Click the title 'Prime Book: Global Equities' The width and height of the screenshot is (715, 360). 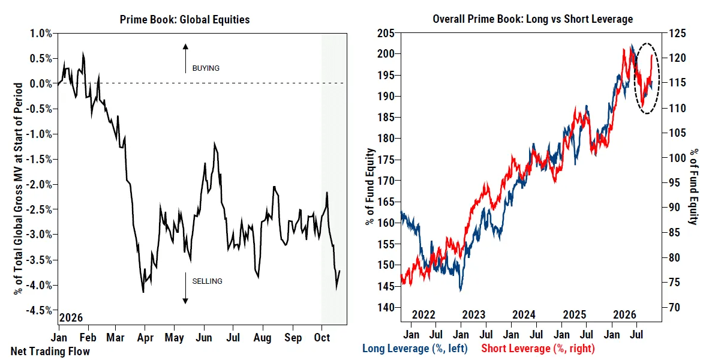[x=185, y=20]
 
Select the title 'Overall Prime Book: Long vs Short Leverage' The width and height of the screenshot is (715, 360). [x=533, y=19]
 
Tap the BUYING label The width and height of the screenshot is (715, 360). [x=206, y=68]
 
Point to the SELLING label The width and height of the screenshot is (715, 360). [x=207, y=281]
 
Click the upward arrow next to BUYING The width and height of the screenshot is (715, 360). [x=185, y=58]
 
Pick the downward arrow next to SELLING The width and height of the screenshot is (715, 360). [x=185, y=288]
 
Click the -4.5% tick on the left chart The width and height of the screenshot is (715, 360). [x=39, y=310]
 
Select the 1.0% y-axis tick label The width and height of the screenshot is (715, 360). [x=41, y=34]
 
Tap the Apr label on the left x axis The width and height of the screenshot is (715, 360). [x=145, y=338]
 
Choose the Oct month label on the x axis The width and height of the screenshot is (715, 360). [x=322, y=338]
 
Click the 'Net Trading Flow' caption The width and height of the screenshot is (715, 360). [x=50, y=352]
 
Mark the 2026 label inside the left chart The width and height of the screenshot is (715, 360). [x=71, y=317]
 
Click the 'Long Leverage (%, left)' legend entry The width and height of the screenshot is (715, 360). [x=415, y=349]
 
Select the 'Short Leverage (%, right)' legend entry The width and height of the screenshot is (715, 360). [x=538, y=349]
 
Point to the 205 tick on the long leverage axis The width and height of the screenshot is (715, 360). [x=386, y=34]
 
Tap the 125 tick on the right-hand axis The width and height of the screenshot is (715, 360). [x=677, y=34]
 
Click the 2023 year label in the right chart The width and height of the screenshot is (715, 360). [x=474, y=315]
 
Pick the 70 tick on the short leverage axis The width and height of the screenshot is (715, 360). [x=674, y=308]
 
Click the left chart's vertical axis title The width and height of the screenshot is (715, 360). [x=18, y=188]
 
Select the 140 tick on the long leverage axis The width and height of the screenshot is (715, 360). [x=386, y=308]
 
